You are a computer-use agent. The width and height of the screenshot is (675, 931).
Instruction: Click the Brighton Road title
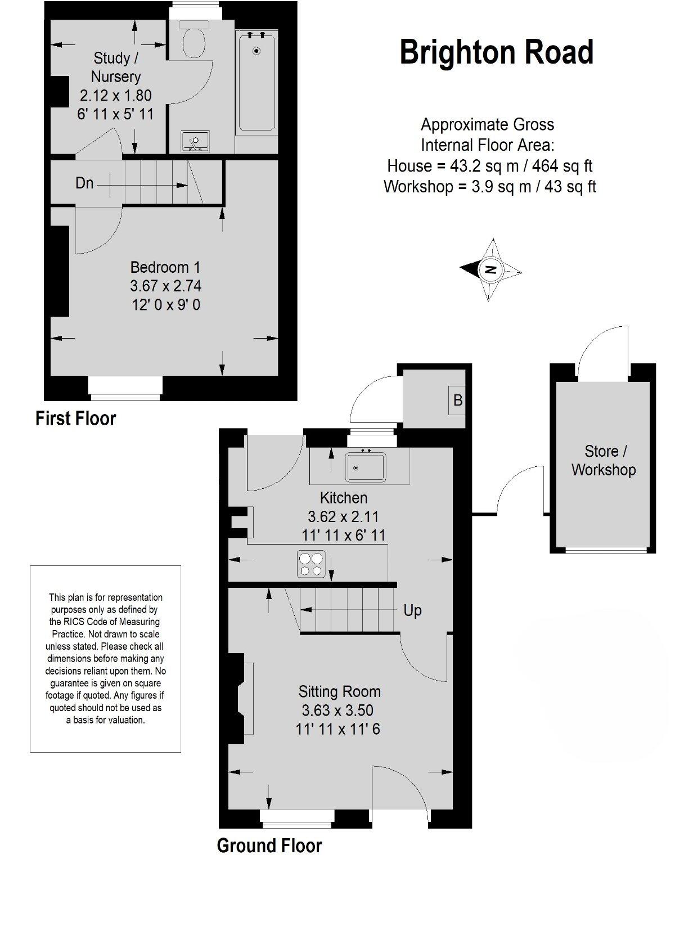click(496, 52)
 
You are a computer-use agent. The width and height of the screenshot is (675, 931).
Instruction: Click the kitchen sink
click(366, 466)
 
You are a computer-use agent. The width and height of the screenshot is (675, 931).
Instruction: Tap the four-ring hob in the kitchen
click(311, 564)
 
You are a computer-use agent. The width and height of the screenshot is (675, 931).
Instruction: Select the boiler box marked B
click(457, 400)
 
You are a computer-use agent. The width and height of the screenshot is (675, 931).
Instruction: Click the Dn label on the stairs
click(84, 183)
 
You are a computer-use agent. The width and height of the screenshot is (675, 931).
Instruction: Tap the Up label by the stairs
click(412, 610)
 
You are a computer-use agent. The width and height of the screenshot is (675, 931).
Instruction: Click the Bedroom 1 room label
click(165, 267)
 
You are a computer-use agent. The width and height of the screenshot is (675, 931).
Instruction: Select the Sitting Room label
click(339, 691)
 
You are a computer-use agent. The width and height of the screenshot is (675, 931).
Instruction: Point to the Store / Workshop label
click(604, 460)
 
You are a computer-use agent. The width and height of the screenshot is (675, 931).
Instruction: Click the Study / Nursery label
click(116, 67)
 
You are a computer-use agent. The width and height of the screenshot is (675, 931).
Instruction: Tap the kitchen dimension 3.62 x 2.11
click(343, 516)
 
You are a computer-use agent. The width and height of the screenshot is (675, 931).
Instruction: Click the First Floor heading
click(75, 419)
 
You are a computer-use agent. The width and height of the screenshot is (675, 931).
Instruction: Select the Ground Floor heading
click(269, 845)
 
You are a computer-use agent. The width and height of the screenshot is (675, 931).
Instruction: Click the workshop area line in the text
click(489, 186)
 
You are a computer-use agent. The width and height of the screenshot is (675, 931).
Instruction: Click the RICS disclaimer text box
click(105, 659)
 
